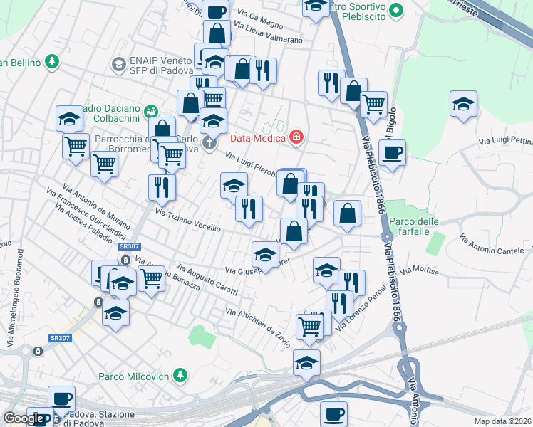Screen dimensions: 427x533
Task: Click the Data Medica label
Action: click(257, 137)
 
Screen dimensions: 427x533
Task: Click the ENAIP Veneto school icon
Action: click(119, 65)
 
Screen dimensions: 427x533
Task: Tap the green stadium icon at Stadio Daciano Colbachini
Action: click(150, 111)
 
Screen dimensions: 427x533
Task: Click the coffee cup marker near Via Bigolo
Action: click(391, 152)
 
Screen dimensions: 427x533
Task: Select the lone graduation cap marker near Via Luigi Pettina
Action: click(463, 104)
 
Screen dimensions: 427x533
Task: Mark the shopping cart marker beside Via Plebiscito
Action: click(373, 104)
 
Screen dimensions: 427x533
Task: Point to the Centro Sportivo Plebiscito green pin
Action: click(398, 9)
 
